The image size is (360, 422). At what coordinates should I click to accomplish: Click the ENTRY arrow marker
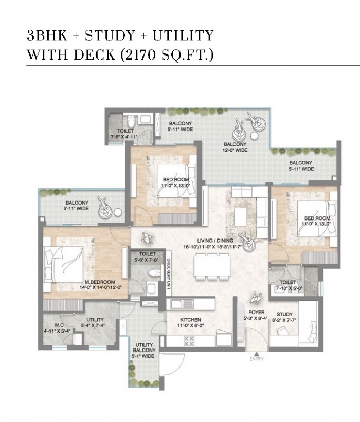pos(257,354)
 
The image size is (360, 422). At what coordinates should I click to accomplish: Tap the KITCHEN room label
pos(190,320)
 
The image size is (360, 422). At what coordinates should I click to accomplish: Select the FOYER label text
pos(256,312)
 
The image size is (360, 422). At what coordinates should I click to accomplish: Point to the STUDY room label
pos(284,314)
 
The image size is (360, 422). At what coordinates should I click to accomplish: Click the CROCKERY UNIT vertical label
pos(169,273)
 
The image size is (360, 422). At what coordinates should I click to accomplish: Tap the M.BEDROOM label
pos(100,282)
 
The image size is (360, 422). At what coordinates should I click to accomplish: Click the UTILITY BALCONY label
pos(145,347)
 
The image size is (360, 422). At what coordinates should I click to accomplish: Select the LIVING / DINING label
pos(215,241)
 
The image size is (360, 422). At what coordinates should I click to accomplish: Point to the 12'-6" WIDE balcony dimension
pos(235,150)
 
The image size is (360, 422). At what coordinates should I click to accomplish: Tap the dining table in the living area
pos(213,266)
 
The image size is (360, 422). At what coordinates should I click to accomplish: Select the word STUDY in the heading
pos(110,35)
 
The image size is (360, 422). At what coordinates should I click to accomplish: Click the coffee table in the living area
pos(241,217)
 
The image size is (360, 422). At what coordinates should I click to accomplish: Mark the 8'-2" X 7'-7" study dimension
pos(284,320)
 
